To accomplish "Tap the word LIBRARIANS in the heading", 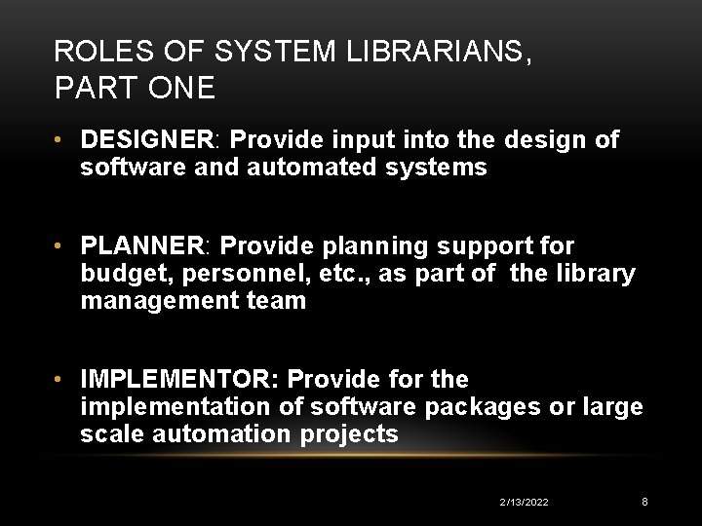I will tap(438, 51).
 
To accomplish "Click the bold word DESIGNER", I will tap(147, 140).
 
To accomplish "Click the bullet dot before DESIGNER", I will tap(60, 140).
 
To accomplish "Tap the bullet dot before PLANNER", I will tap(60, 246).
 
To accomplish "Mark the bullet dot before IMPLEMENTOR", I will tap(60, 379).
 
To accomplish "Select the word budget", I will tap(116, 274).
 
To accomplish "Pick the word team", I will tap(281, 301).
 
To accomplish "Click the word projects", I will tap(350, 433).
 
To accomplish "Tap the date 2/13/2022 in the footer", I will tap(524, 502).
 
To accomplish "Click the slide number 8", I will tap(644, 502).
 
